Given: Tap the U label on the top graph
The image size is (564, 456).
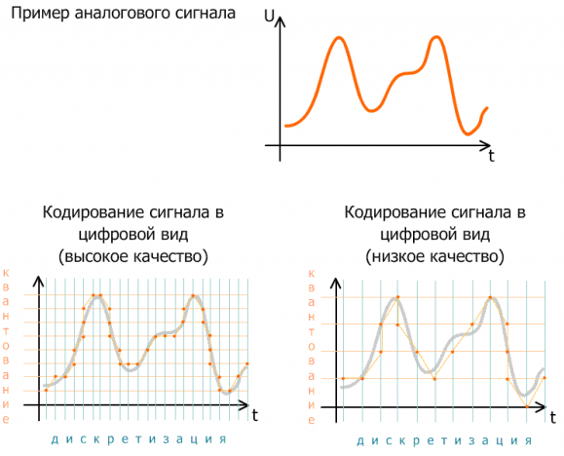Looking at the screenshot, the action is tap(269, 16).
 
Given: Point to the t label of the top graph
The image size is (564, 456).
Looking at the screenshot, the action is tap(491, 157).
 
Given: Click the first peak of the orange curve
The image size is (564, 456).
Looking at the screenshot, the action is tap(338, 37).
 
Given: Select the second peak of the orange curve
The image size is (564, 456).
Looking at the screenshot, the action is tap(436, 37).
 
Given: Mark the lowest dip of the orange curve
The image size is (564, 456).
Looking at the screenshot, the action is tap(468, 134).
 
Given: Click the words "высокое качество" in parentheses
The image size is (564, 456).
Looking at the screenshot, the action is tap(133, 257).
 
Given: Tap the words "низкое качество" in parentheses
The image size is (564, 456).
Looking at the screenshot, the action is tap(434, 257).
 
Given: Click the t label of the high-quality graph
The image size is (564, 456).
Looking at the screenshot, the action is tap(254, 416).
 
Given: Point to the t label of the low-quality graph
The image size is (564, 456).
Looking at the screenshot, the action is tap(553, 417).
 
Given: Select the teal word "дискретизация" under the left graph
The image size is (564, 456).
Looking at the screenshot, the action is tap(139, 439).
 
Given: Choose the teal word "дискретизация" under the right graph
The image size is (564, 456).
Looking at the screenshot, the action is tap(444, 440).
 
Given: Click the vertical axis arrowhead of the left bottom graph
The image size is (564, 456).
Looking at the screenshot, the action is tap(39, 281).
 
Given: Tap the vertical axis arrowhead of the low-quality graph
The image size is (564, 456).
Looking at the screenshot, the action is tap(336, 281).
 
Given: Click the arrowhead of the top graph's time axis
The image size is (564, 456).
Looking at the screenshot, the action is tap(487, 145).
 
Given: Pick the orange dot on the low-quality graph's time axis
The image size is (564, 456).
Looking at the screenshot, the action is tap(527, 407).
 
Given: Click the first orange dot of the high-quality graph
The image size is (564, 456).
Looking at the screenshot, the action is tap(46, 390).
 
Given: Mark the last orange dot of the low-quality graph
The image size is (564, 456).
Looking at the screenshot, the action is tap(545, 378).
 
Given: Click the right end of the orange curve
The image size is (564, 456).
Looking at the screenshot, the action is tap(487, 108).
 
